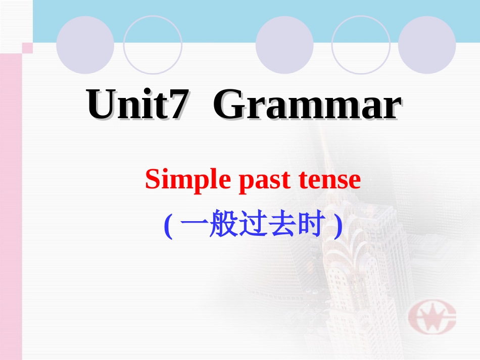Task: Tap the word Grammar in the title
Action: click(x=307, y=105)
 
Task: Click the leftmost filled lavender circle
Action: click(x=85, y=45)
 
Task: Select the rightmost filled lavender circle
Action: click(x=427, y=45)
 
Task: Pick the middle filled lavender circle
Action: click(x=284, y=45)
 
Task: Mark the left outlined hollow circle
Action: click(x=153, y=45)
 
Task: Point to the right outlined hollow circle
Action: click(x=361, y=45)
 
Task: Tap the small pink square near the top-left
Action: click(x=27, y=48)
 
